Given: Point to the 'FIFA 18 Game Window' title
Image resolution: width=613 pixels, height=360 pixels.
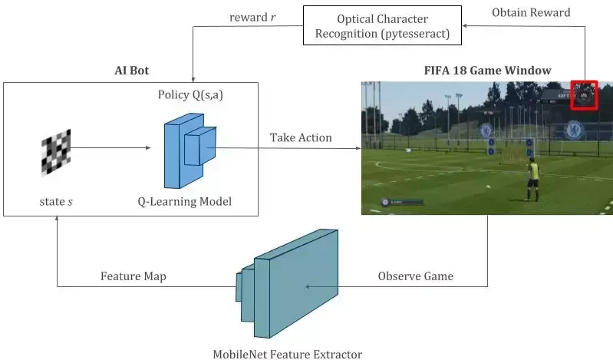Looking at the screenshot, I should pos(487,70).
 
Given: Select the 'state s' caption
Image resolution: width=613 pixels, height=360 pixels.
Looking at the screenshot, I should pos(56,202).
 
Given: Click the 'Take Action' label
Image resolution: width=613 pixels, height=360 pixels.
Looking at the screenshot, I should pos(301,137).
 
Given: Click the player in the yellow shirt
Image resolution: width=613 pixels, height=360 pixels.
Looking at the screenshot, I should pos(530,177).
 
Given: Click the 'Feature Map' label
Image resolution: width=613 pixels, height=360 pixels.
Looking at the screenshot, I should pos(133,276).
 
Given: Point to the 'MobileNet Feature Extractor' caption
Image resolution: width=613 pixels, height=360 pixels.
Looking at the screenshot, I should pos(287,354).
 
